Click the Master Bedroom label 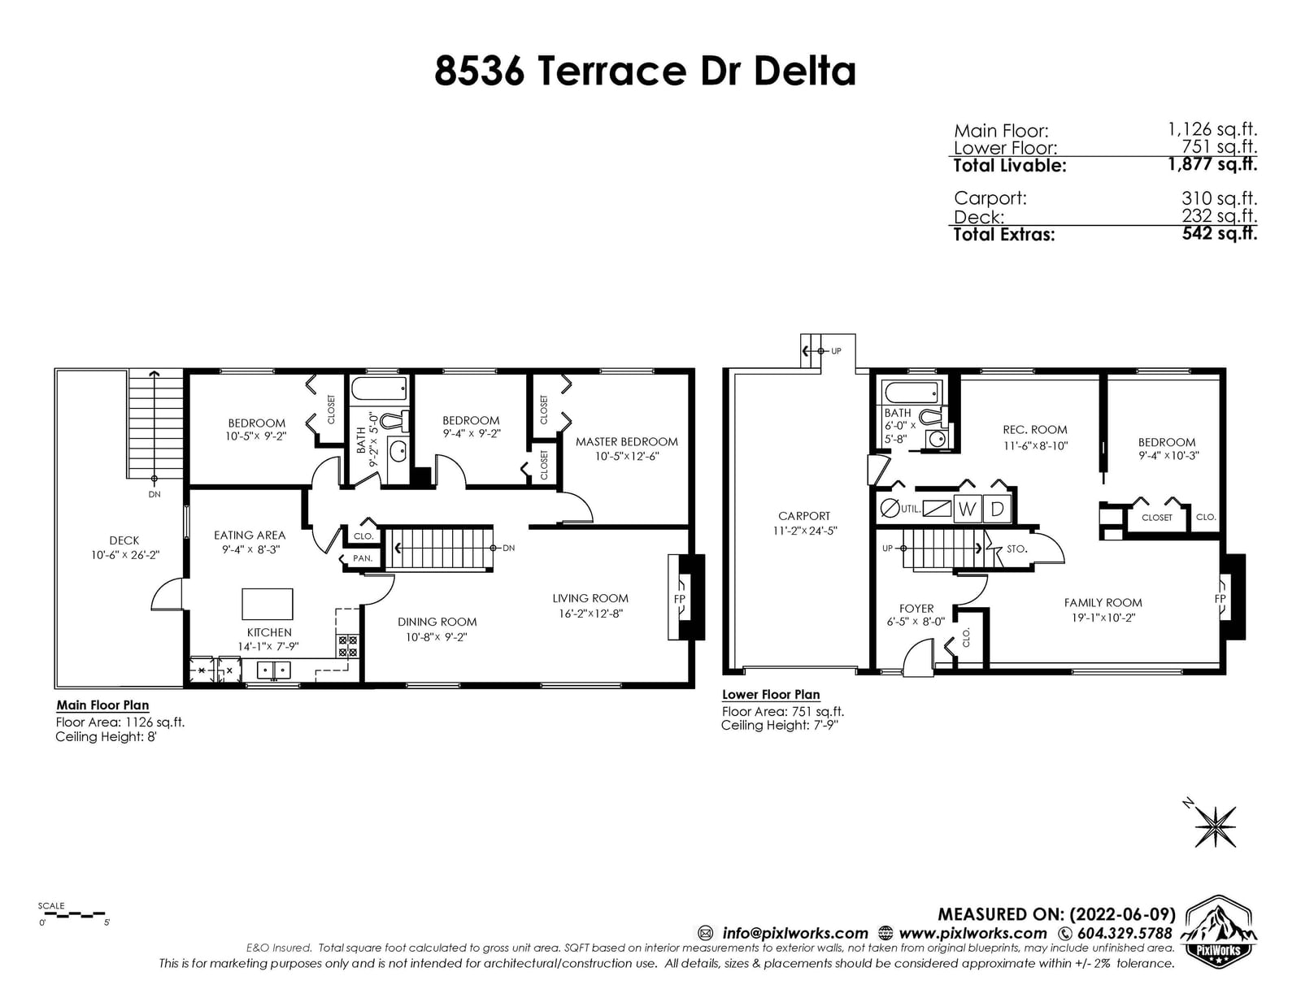click(627, 441)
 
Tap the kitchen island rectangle click(267, 604)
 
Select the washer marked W click(967, 509)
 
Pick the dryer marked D click(997, 509)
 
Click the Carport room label click(804, 516)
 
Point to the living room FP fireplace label click(680, 599)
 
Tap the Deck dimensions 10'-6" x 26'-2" click(125, 555)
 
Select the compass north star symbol click(1216, 827)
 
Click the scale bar click(72, 914)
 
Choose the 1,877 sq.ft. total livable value click(1212, 164)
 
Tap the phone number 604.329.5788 click(1125, 933)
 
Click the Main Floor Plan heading click(102, 705)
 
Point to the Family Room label click(1103, 602)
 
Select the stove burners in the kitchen click(348, 646)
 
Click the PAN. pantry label click(362, 558)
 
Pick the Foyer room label click(916, 609)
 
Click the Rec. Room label click(1035, 430)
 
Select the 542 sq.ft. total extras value click(1220, 233)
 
